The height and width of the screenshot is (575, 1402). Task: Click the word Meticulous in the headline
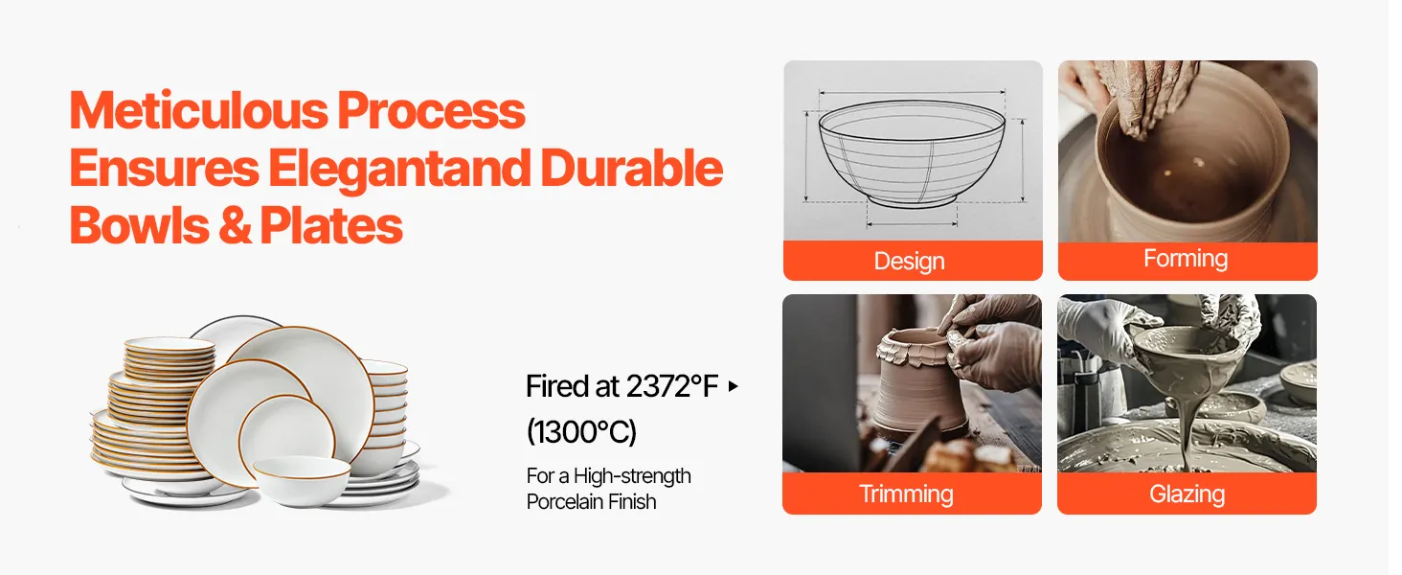tap(198, 110)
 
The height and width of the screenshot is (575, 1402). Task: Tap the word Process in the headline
tap(431, 110)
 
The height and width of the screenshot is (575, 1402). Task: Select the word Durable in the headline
tap(631, 168)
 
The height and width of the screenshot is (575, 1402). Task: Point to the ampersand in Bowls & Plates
tap(236, 225)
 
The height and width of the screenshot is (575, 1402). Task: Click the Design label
tap(910, 262)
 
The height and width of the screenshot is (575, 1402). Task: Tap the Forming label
tap(1186, 259)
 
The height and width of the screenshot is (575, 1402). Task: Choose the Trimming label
tap(906, 494)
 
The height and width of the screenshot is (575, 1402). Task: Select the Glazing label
tap(1187, 494)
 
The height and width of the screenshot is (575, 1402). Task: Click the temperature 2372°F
tap(671, 386)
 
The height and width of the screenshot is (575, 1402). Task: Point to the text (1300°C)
tap(581, 431)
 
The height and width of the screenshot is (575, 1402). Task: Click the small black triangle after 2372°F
tap(734, 386)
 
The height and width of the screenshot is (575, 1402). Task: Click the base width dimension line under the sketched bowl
tap(912, 223)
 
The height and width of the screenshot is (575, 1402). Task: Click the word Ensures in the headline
tap(164, 168)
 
